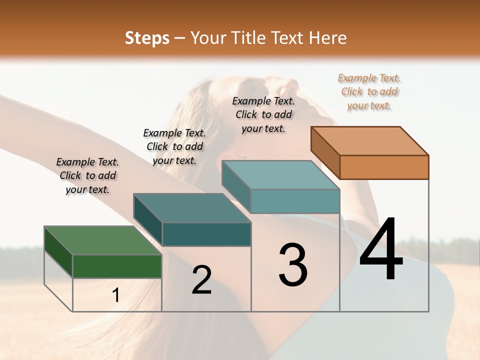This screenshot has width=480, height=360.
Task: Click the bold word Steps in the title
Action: [x=147, y=38]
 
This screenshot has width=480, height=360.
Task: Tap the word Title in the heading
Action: [x=248, y=38]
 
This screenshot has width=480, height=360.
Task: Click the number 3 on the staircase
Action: [x=293, y=265]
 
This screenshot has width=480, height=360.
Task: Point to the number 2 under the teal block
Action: [x=201, y=280]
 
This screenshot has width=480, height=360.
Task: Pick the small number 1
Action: [x=116, y=295]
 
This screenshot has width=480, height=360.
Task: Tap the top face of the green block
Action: [x=103, y=241]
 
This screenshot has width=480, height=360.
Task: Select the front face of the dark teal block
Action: [x=206, y=234]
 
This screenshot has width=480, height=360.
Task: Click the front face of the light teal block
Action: [x=295, y=201]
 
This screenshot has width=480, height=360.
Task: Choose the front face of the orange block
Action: [x=384, y=167]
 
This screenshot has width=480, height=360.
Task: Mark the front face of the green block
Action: [x=117, y=266]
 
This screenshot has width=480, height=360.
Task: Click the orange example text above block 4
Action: [x=369, y=92]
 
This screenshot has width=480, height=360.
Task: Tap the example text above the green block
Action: [x=88, y=175]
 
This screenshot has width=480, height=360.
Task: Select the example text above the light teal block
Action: [x=263, y=114]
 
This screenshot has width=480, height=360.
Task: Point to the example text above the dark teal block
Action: [x=174, y=146]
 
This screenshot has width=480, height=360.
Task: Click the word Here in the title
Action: [x=328, y=38]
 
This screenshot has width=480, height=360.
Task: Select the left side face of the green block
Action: [x=58, y=252]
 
